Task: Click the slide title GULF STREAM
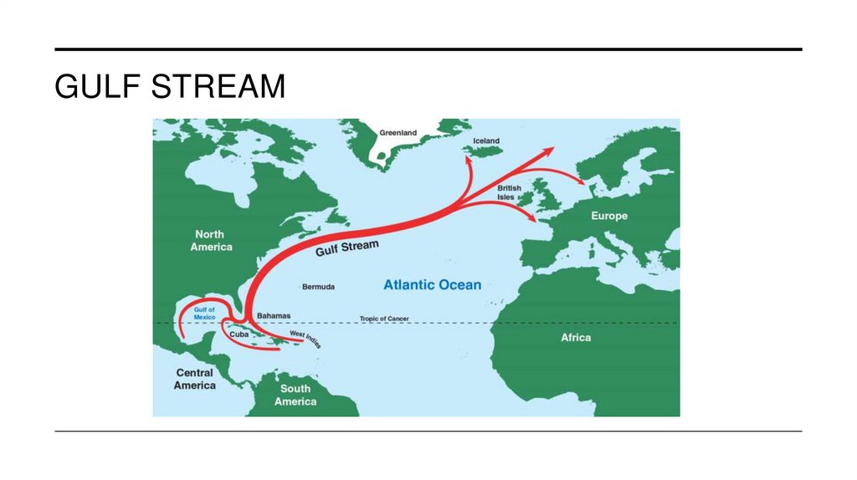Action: pyautogui.click(x=170, y=86)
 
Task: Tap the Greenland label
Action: pyautogui.click(x=398, y=133)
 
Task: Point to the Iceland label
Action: pyautogui.click(x=486, y=140)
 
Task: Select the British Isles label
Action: pyautogui.click(x=510, y=192)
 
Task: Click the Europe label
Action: pyautogui.click(x=609, y=216)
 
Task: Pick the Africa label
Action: pyautogui.click(x=575, y=338)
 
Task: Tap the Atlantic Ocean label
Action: pyautogui.click(x=432, y=285)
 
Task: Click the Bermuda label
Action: pyautogui.click(x=318, y=287)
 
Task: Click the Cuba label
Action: pyautogui.click(x=239, y=335)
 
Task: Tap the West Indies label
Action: pyautogui.click(x=305, y=339)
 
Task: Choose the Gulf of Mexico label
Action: pyautogui.click(x=205, y=314)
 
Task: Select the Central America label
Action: pyautogui.click(x=195, y=379)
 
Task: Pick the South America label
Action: pyautogui.click(x=295, y=395)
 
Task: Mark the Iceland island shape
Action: pyautogui.click(x=484, y=150)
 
